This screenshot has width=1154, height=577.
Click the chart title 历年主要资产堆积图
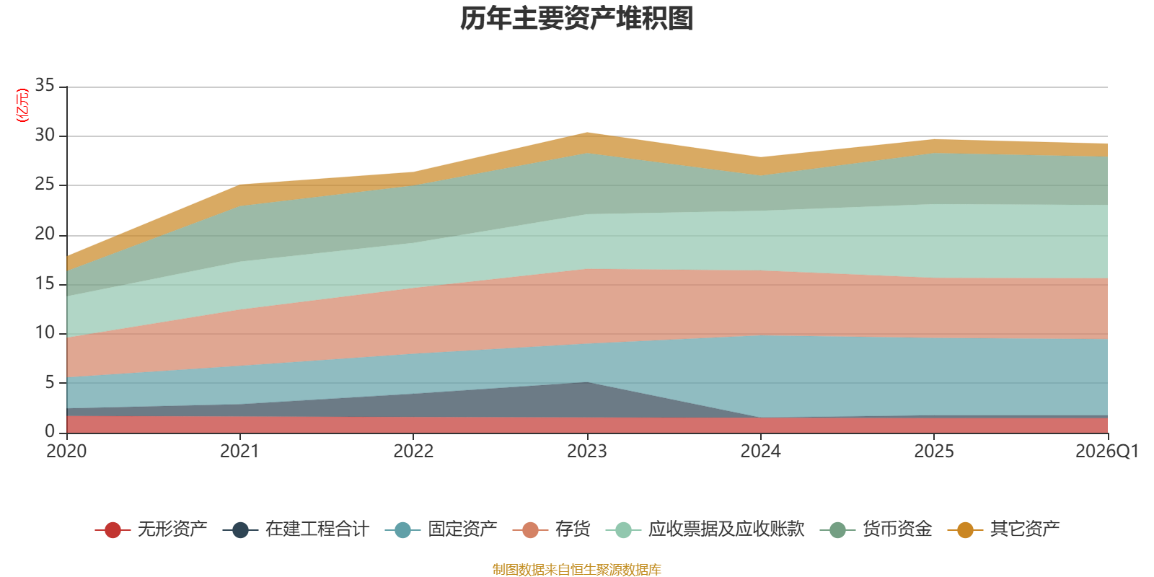(576, 19)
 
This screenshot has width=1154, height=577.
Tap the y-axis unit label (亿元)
(22, 105)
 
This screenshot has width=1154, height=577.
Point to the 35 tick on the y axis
(45, 85)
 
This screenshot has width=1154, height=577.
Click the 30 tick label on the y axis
(45, 135)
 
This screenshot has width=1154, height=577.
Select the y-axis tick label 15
(45, 283)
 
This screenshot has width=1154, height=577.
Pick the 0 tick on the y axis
(50, 431)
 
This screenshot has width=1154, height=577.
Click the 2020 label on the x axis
(66, 452)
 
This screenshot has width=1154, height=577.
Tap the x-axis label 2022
(414, 452)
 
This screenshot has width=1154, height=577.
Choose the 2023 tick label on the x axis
(587, 452)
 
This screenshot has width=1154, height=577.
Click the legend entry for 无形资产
(151, 529)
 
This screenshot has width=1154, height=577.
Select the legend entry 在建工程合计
(296, 529)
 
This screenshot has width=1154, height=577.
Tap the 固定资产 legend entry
(441, 529)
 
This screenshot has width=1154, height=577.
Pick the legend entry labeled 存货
(551, 529)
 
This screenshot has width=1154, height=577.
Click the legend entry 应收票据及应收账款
(705, 529)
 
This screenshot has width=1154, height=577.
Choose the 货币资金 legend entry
(876, 529)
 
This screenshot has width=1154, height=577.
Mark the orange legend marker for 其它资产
(966, 529)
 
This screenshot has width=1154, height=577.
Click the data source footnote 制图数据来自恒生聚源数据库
(576, 569)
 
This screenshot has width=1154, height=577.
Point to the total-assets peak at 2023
(587, 133)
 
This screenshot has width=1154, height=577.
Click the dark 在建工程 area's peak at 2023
(587, 382)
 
